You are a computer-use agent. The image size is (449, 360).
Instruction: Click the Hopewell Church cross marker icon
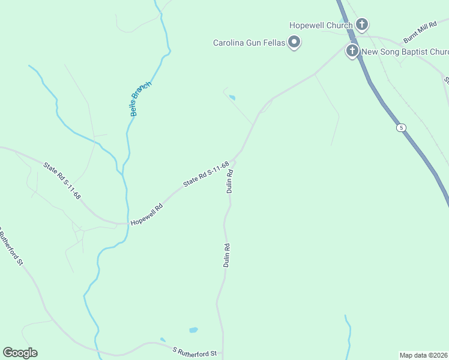coord(362,25)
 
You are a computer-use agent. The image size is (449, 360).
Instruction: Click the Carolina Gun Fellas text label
coord(249,43)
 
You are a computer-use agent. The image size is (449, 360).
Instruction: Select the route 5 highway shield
coord(400,128)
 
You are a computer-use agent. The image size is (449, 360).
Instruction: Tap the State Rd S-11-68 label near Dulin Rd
coord(206,174)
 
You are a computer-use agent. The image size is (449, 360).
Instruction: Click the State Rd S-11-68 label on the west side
coord(62,181)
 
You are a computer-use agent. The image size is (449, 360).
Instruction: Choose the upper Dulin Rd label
coord(230,181)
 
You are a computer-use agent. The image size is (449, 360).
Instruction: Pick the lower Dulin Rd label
coord(227,254)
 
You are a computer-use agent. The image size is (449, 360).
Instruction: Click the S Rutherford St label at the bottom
coord(194,352)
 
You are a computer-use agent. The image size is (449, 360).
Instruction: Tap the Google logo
coord(20,353)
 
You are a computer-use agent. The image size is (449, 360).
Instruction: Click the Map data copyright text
coord(424,355)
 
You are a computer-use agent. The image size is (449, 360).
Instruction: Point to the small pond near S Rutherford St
coord(193,330)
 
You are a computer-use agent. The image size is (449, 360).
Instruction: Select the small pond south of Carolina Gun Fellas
coord(232,97)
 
